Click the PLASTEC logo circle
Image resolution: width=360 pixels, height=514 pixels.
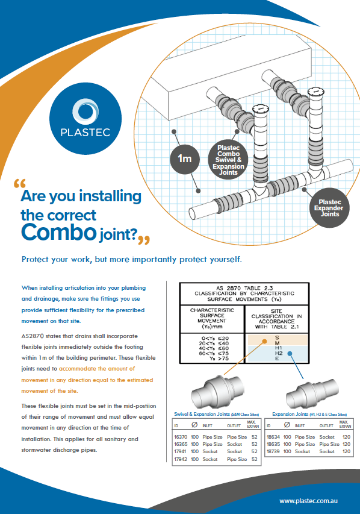pos(85,118)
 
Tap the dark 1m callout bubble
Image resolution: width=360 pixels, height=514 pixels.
pos(184,159)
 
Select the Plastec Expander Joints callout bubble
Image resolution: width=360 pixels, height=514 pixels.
pos(329,208)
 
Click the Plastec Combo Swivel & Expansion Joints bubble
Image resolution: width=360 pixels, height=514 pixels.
pos(228,160)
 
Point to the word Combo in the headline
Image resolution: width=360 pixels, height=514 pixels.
pos(58,232)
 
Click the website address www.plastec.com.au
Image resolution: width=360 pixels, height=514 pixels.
pos(308,501)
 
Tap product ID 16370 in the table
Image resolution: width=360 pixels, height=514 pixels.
pos(181,437)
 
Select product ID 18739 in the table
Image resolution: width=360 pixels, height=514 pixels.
pos(273,451)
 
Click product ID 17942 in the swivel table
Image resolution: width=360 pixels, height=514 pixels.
pos(181,459)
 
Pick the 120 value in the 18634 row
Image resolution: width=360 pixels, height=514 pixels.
pos(346,437)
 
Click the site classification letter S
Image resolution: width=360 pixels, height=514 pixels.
pos(277,337)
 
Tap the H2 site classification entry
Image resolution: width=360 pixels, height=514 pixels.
pos(279,353)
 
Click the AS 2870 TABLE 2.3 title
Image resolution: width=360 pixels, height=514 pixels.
pos(244,288)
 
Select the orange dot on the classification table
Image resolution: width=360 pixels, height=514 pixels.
pos(264,342)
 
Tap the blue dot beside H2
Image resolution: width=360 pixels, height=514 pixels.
pos(290,353)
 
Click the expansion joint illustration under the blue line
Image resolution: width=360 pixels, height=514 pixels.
pos(312,393)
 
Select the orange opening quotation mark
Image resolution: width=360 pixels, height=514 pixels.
pos(20,183)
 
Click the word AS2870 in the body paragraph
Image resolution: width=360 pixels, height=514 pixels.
pos(33,336)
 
